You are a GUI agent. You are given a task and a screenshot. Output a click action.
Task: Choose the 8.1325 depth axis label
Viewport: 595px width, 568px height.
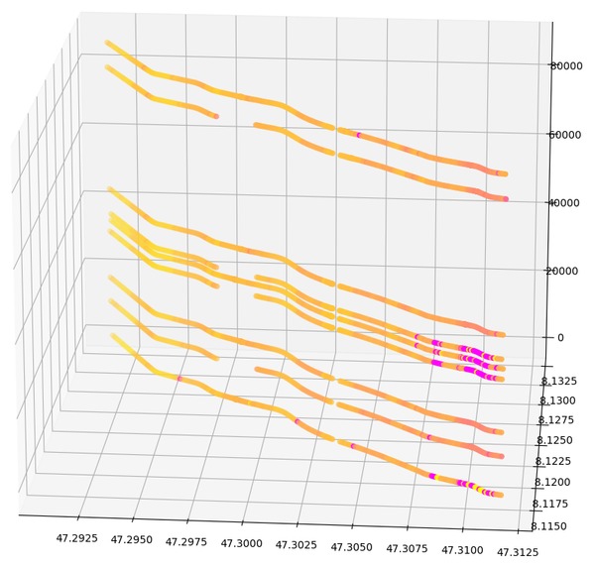(557, 380)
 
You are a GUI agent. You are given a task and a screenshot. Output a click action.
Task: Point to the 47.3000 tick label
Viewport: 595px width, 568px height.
(241, 544)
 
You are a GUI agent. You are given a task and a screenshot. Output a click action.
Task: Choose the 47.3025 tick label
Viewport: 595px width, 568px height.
(297, 546)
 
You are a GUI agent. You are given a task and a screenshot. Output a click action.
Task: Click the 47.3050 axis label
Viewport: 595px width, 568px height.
(352, 547)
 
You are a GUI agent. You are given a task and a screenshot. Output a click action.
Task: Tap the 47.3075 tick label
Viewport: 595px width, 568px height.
(408, 549)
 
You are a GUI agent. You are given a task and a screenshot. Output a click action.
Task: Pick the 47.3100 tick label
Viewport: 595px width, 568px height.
(462, 550)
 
